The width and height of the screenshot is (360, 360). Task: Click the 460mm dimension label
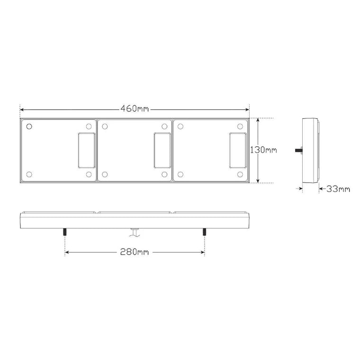[x=135, y=108]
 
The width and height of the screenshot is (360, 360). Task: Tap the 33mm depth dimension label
[x=338, y=189]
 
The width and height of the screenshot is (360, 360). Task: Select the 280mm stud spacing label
[x=135, y=252]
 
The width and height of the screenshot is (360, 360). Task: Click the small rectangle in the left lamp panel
[x=86, y=150]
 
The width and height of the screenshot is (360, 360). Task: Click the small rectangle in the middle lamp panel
[x=162, y=150]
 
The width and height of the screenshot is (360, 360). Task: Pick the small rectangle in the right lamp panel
[x=237, y=150]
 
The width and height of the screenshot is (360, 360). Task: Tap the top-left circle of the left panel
[x=29, y=126]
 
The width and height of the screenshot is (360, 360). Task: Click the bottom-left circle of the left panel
[x=29, y=174]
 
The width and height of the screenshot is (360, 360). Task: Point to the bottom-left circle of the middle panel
[x=105, y=174]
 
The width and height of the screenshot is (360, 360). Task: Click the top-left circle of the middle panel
[x=105, y=126]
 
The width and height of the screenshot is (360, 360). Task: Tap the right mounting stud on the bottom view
[x=204, y=233]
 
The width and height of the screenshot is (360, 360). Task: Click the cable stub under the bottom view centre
[x=135, y=232]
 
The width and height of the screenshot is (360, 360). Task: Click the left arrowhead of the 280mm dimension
[x=67, y=252]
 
